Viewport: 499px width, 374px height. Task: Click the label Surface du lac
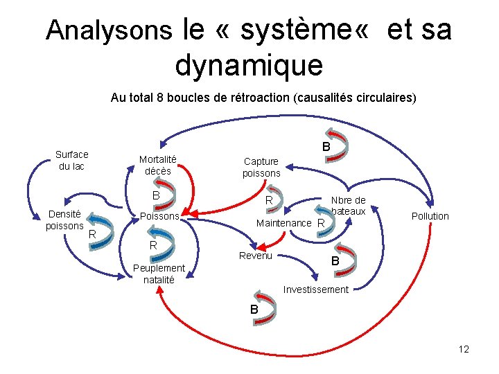click(72, 161)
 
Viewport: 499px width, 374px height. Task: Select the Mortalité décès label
click(158, 165)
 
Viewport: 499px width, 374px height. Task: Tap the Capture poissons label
click(261, 167)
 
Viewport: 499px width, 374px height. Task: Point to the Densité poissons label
click(64, 220)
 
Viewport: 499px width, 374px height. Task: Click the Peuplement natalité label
click(159, 274)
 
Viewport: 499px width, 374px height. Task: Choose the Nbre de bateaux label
click(348, 206)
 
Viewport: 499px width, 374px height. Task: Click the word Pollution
click(430, 216)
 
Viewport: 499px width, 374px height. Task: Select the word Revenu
click(256, 256)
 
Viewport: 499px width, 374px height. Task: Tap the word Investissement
click(315, 290)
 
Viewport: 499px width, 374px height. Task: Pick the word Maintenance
click(283, 223)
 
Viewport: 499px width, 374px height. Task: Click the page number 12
click(464, 349)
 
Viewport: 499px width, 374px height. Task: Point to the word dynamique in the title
click(249, 66)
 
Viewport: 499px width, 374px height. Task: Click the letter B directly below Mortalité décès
click(156, 196)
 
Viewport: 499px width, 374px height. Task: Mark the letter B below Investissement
click(254, 310)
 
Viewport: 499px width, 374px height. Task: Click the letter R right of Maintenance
click(320, 224)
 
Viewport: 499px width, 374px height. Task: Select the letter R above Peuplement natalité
click(154, 246)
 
